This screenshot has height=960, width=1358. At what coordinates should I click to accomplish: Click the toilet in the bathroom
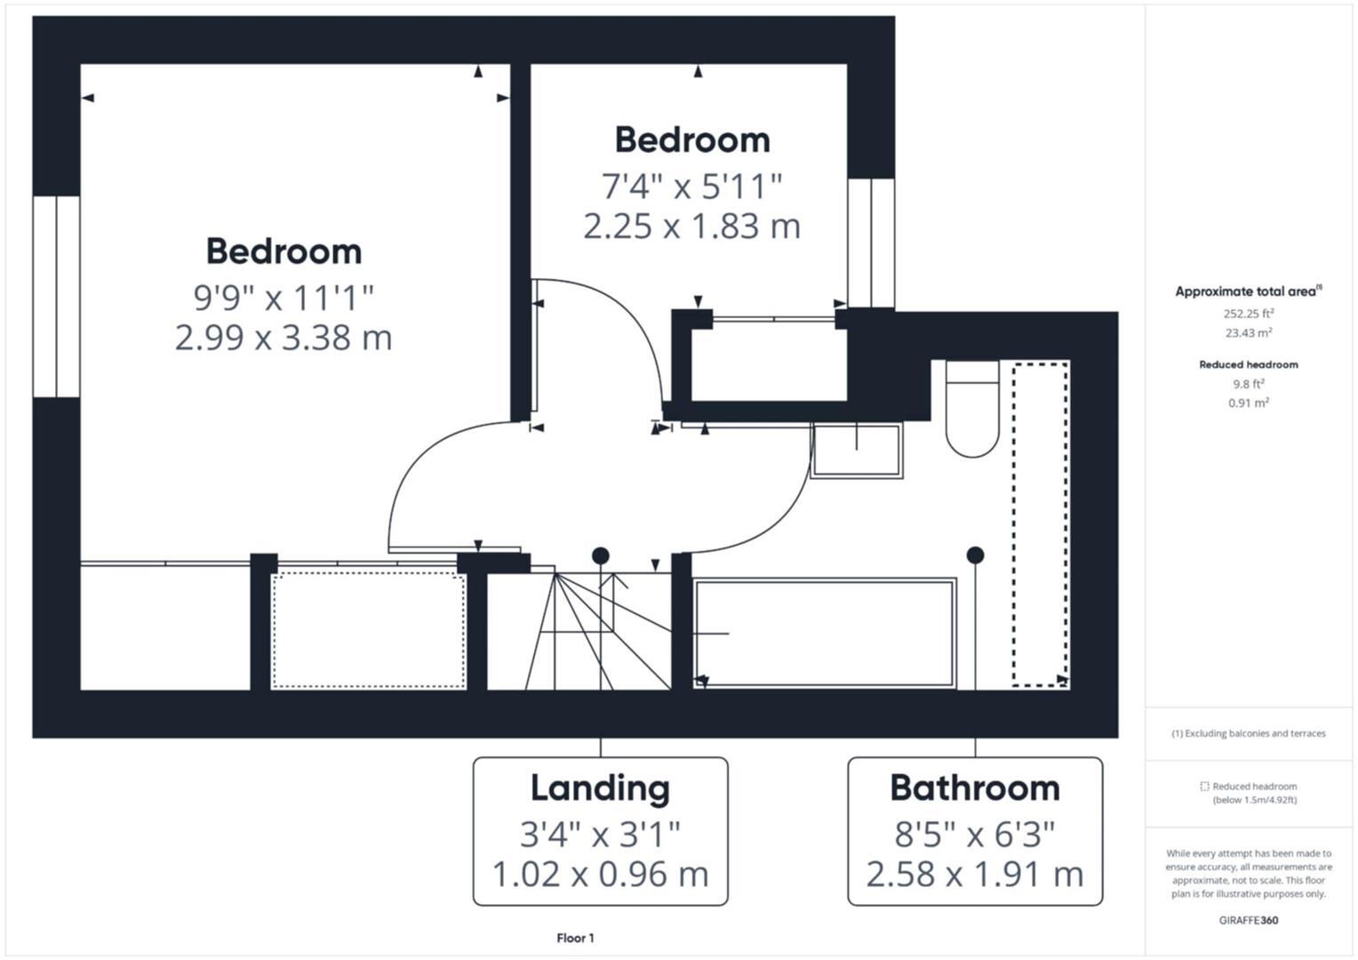click(972, 409)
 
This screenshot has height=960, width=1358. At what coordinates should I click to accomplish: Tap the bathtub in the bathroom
click(825, 633)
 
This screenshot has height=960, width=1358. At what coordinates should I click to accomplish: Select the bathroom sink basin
click(857, 450)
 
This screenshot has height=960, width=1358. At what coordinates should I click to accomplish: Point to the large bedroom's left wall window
click(56, 296)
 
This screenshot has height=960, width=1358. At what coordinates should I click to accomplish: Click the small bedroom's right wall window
click(870, 243)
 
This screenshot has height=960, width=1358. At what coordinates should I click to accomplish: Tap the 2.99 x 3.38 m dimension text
click(284, 338)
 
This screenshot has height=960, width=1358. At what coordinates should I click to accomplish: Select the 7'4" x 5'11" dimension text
click(691, 187)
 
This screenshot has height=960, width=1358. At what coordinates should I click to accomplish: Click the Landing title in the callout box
click(600, 788)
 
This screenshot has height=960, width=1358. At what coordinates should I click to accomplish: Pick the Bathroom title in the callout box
click(974, 788)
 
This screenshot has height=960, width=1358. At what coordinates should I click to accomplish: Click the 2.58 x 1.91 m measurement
click(974, 874)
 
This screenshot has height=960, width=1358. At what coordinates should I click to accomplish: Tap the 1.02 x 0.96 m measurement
click(600, 874)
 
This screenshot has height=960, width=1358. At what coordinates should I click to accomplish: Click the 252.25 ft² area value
click(1248, 313)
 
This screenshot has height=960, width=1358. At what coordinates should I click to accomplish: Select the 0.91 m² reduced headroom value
click(1248, 403)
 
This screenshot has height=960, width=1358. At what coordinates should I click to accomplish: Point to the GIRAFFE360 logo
click(1248, 920)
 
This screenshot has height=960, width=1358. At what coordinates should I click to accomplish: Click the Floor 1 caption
click(575, 938)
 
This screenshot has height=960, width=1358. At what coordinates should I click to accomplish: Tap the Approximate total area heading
click(1248, 292)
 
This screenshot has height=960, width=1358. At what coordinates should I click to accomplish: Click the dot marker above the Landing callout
click(601, 556)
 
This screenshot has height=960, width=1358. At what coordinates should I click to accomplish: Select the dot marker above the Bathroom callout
click(975, 555)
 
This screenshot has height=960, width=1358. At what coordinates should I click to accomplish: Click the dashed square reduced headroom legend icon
click(1204, 787)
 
